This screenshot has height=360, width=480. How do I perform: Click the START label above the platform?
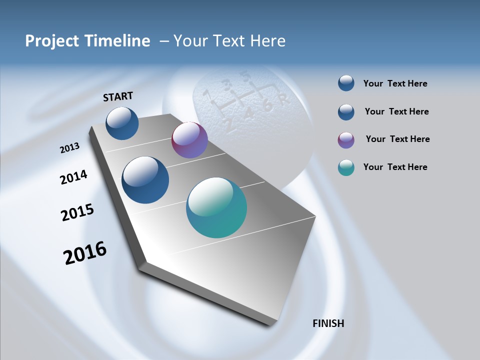118,96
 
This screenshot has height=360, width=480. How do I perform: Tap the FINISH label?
328,323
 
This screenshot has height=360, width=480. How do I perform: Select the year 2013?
69,148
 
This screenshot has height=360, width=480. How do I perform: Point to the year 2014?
73,177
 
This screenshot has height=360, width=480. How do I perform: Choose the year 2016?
85,253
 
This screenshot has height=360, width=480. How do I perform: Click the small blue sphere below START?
122,123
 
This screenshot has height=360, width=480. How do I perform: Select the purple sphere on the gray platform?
189,140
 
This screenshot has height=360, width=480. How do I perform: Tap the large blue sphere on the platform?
145,180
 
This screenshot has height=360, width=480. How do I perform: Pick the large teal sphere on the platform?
216,207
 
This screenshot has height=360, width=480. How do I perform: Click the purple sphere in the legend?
346,140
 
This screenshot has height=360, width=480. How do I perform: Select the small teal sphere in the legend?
346,167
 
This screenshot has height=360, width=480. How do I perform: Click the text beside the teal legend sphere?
395,167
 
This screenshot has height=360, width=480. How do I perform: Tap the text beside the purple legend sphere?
397,139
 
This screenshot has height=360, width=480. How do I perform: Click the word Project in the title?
49,40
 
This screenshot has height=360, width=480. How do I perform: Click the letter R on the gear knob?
284,100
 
